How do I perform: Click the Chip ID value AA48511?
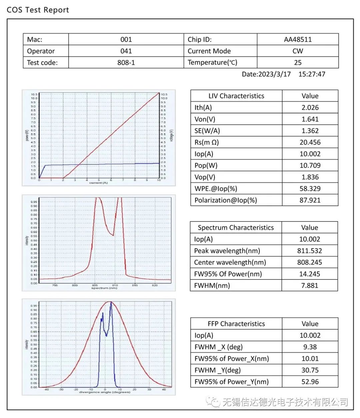(298, 39)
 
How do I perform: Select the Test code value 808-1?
(126, 62)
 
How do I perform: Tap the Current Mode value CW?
(298, 51)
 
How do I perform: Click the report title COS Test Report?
(38, 10)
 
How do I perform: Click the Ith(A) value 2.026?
(310, 107)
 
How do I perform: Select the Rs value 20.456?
(310, 142)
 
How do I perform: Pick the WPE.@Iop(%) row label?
(216, 188)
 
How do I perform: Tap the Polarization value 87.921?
(310, 200)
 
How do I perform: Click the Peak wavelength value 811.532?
(310, 251)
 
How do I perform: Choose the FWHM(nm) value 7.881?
(310, 285)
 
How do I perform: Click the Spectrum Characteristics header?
(236, 228)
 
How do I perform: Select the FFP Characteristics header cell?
(236, 324)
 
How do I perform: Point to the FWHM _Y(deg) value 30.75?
(310, 370)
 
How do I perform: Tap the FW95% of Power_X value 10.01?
(310, 359)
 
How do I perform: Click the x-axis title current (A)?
(98, 183)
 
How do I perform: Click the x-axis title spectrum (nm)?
(104, 288)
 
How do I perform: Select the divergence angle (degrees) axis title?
(104, 392)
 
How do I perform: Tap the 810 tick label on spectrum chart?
(115, 285)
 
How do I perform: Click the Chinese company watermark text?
(285, 402)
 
